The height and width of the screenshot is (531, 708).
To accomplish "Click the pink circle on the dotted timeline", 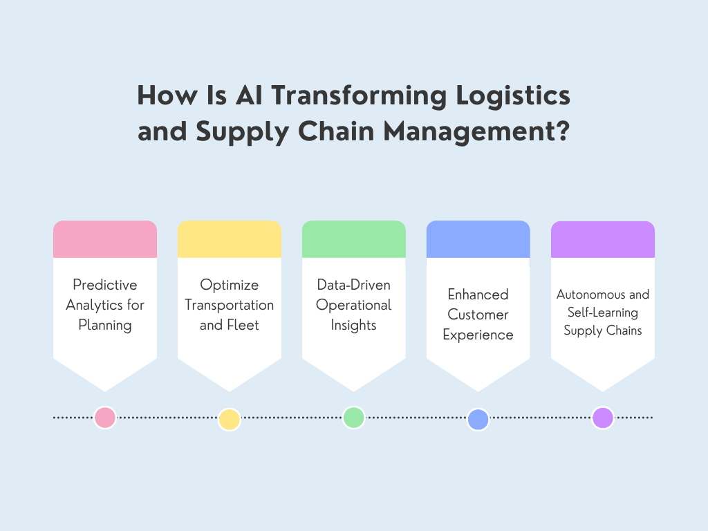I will [x=105, y=418].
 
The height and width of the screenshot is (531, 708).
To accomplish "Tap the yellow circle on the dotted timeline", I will [x=229, y=420].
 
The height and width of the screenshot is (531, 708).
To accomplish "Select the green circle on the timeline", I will [x=353, y=418].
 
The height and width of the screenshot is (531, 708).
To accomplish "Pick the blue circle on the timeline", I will [x=478, y=420].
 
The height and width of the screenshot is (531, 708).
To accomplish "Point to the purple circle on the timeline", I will [x=602, y=418].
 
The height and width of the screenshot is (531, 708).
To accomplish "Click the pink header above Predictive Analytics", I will [x=105, y=239].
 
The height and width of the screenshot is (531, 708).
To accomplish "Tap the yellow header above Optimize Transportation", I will [x=230, y=239].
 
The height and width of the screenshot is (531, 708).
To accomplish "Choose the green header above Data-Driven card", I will [x=354, y=239].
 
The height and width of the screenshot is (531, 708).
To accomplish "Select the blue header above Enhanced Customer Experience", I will [x=478, y=239].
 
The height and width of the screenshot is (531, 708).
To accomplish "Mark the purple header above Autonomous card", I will [x=603, y=239].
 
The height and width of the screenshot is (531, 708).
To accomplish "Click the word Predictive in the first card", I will [x=105, y=285].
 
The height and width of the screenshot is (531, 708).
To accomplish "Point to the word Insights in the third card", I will [x=354, y=325].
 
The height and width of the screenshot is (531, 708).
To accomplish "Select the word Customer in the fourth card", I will [x=478, y=315].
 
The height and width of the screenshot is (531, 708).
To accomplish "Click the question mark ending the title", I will [x=562, y=131].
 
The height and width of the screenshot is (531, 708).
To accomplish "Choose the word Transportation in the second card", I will [x=230, y=305].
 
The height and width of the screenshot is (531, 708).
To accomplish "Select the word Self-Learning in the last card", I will [x=603, y=313].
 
